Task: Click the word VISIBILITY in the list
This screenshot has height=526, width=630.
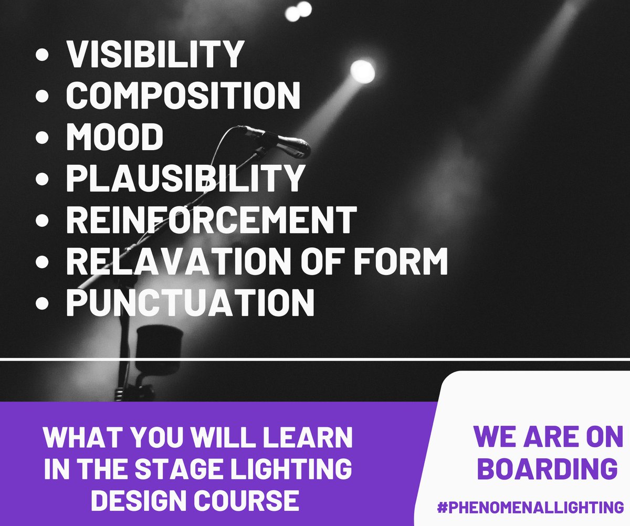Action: point(155,54)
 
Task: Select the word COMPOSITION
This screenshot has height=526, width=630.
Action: point(183,95)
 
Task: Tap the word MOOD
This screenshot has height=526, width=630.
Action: point(114,136)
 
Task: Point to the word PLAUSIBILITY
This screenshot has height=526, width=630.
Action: point(185,178)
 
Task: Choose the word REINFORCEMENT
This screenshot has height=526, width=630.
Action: point(211,219)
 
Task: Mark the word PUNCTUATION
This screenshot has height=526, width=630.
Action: point(190,302)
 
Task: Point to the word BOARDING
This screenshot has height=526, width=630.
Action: point(547,469)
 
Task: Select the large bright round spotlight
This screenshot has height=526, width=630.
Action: point(362,71)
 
